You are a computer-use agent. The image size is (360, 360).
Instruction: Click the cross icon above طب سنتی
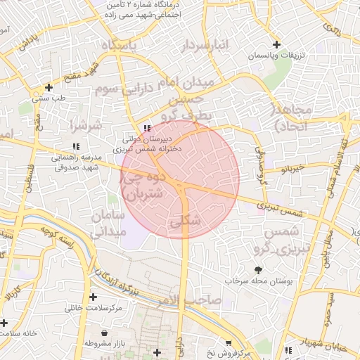point(49,87)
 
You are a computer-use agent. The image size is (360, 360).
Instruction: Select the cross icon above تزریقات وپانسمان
point(277,44)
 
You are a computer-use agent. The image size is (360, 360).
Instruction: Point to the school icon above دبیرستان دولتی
point(146,127)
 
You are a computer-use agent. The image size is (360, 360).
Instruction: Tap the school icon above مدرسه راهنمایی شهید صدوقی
point(76,146)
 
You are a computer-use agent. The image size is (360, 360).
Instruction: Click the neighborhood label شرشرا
point(86,125)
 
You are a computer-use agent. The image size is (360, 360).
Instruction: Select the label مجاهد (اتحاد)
point(291,117)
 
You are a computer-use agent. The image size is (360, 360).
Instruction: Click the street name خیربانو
point(290,169)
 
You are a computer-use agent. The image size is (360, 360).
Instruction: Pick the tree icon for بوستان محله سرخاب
point(258,269)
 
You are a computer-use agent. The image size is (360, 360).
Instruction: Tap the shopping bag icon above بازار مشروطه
point(105,333)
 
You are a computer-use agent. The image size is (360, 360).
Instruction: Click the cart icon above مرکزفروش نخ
point(228,342)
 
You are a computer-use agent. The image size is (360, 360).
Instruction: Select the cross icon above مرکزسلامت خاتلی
point(93,297)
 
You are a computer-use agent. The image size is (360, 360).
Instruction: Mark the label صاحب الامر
point(190,301)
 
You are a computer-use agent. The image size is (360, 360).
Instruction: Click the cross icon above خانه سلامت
point(4,323)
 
